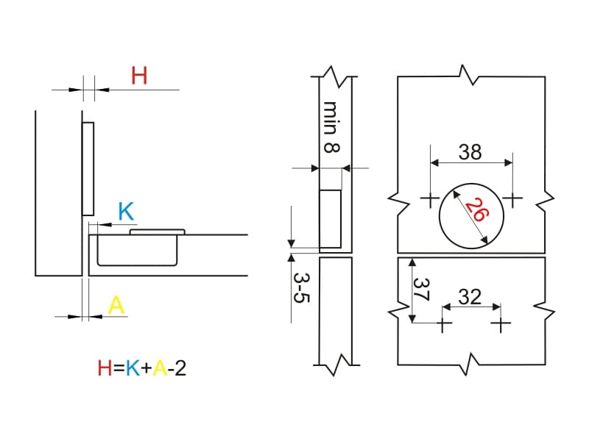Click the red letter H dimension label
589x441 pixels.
[x=139, y=76]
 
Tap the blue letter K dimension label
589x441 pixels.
[x=126, y=211]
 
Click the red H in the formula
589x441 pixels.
[x=105, y=368]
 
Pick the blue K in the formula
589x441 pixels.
[x=133, y=368]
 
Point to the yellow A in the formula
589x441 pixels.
[x=160, y=368]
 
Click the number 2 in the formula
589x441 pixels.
[x=180, y=368]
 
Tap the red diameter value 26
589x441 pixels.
[x=477, y=210]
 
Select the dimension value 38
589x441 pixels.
[x=470, y=152]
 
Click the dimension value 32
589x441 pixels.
[x=470, y=297]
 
